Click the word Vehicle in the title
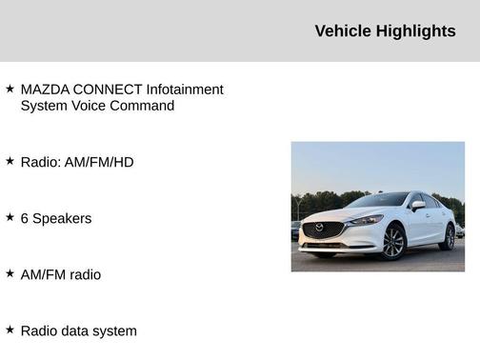(x=344, y=31)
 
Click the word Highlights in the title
(x=416, y=31)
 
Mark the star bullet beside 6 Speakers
(x=10, y=217)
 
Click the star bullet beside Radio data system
(x=10, y=330)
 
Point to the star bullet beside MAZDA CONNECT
(x=10, y=89)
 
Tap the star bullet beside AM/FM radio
(x=10, y=273)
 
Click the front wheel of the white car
(x=392, y=243)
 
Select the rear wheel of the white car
(x=448, y=237)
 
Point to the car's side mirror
(x=418, y=205)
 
